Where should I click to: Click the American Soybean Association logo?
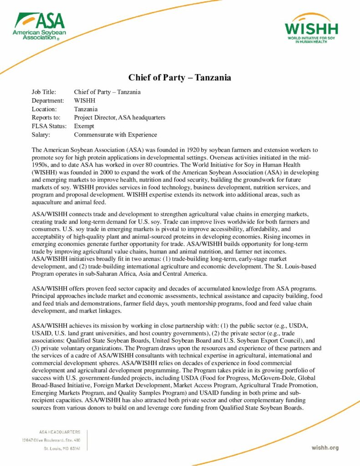pos(39,26)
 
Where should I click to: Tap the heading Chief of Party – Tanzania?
pos(180,77)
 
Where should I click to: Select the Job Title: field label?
pos(44,92)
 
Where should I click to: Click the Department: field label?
pos(48,101)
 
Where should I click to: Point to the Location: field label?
pos(44,109)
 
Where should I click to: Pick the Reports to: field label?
pos(46,118)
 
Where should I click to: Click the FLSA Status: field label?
pos(49,126)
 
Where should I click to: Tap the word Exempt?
pos(84,126)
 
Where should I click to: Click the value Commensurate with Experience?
pos(115,135)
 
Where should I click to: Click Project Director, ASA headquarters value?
pos(119,118)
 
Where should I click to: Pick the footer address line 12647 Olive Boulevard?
pos(51,440)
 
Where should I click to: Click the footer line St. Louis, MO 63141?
pos(62,448)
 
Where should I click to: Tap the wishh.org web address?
pos(325,448)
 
